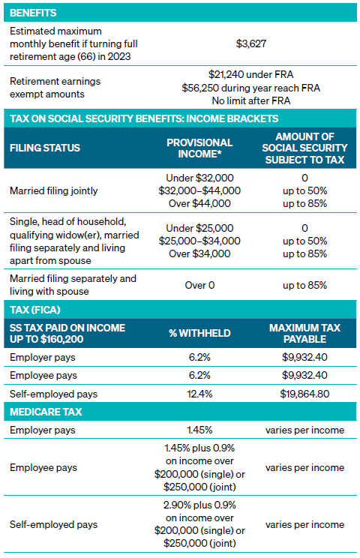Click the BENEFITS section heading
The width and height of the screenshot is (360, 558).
coord(33,13)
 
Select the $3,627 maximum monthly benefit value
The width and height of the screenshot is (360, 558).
coord(251,43)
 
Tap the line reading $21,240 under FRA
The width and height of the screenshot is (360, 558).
coord(251,75)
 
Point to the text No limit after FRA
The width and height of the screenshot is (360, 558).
coord(251,101)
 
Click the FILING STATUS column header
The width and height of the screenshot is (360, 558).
coord(45,148)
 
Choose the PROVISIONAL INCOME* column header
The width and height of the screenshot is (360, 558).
coord(199,148)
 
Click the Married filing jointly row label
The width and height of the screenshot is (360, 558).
coord(54,190)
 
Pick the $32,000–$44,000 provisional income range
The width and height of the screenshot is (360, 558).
coord(199,190)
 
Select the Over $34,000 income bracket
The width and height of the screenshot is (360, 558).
coord(199,253)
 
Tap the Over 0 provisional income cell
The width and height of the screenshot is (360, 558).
coord(199,286)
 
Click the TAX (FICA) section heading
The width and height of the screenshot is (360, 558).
coord(35,310)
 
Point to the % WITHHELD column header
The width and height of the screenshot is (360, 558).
coord(199,334)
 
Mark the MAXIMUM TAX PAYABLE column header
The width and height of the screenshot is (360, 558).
coord(304,334)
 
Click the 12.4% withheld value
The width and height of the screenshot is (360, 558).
coord(199,394)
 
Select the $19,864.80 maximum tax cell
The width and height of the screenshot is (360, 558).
coord(304,394)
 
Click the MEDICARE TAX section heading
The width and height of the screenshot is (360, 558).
coord(46,412)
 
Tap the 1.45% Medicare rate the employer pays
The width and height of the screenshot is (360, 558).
coord(199,430)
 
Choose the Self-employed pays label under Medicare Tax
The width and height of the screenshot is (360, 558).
coord(54,524)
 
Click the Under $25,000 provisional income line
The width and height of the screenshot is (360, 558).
coord(199,228)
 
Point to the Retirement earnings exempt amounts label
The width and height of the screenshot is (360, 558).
coord(55,88)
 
